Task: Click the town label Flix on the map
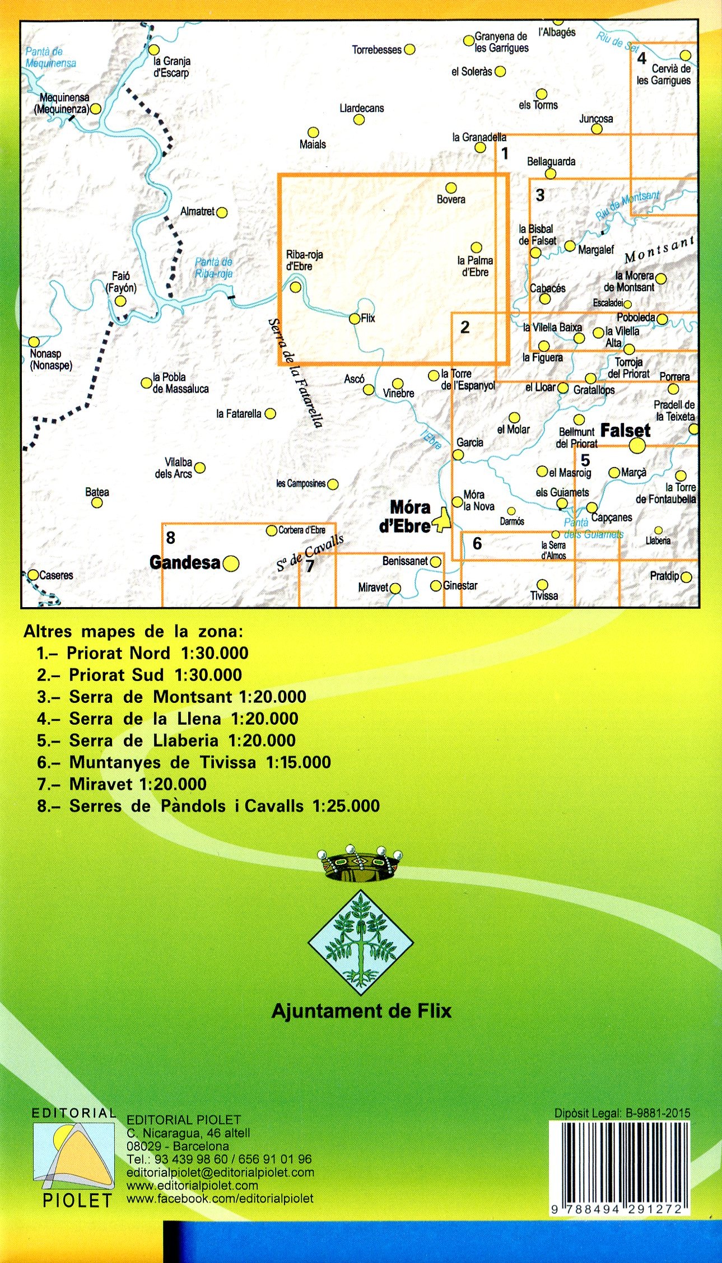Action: (x=368, y=318)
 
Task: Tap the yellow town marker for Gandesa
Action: (x=231, y=563)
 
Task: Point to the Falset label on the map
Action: (x=625, y=431)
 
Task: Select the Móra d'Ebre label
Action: (x=409, y=516)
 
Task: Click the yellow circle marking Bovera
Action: (x=451, y=188)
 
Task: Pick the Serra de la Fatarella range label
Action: (x=295, y=372)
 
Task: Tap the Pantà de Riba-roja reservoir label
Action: (x=213, y=268)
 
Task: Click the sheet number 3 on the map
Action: (x=540, y=195)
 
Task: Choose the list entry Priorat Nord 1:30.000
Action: (x=143, y=653)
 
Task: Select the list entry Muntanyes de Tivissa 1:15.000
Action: (x=184, y=762)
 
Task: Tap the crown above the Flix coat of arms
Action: (x=360, y=864)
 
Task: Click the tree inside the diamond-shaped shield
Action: (x=361, y=942)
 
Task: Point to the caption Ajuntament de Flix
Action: (x=361, y=1011)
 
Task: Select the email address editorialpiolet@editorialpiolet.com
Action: (x=220, y=1172)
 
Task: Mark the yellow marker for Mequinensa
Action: (x=96, y=109)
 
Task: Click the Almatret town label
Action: (x=198, y=212)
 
